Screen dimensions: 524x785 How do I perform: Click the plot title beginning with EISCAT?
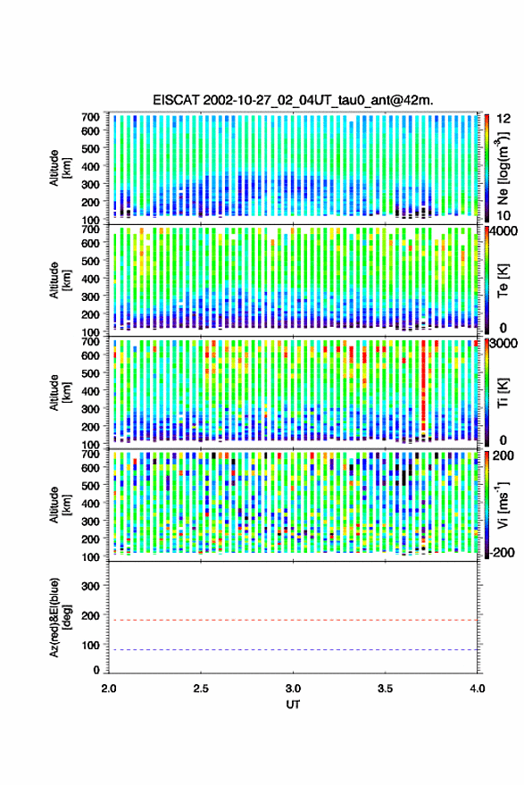tap(293, 100)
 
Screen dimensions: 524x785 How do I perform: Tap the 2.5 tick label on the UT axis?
tap(201, 689)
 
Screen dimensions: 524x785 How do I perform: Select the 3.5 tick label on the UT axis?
tap(385, 689)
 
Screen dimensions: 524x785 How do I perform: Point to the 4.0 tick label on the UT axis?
tap(478, 689)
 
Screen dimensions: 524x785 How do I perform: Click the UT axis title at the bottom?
tap(293, 705)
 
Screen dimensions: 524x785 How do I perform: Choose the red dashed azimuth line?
tap(294, 621)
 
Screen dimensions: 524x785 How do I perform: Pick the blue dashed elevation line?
tap(294, 650)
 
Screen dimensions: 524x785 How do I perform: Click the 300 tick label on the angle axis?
tap(90, 586)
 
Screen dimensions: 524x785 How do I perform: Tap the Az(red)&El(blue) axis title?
tap(60, 617)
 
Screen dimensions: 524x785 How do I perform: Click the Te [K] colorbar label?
tap(503, 280)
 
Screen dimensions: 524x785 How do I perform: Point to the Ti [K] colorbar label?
tap(503, 393)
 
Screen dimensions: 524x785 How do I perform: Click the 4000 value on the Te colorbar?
tap(503, 232)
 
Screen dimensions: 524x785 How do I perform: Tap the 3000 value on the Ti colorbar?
tap(503, 344)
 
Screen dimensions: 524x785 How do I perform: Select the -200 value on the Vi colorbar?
tap(500, 552)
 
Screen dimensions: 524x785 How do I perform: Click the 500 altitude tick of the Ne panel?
tap(90, 148)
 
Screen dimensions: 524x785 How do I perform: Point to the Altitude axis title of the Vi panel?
tap(60, 505)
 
